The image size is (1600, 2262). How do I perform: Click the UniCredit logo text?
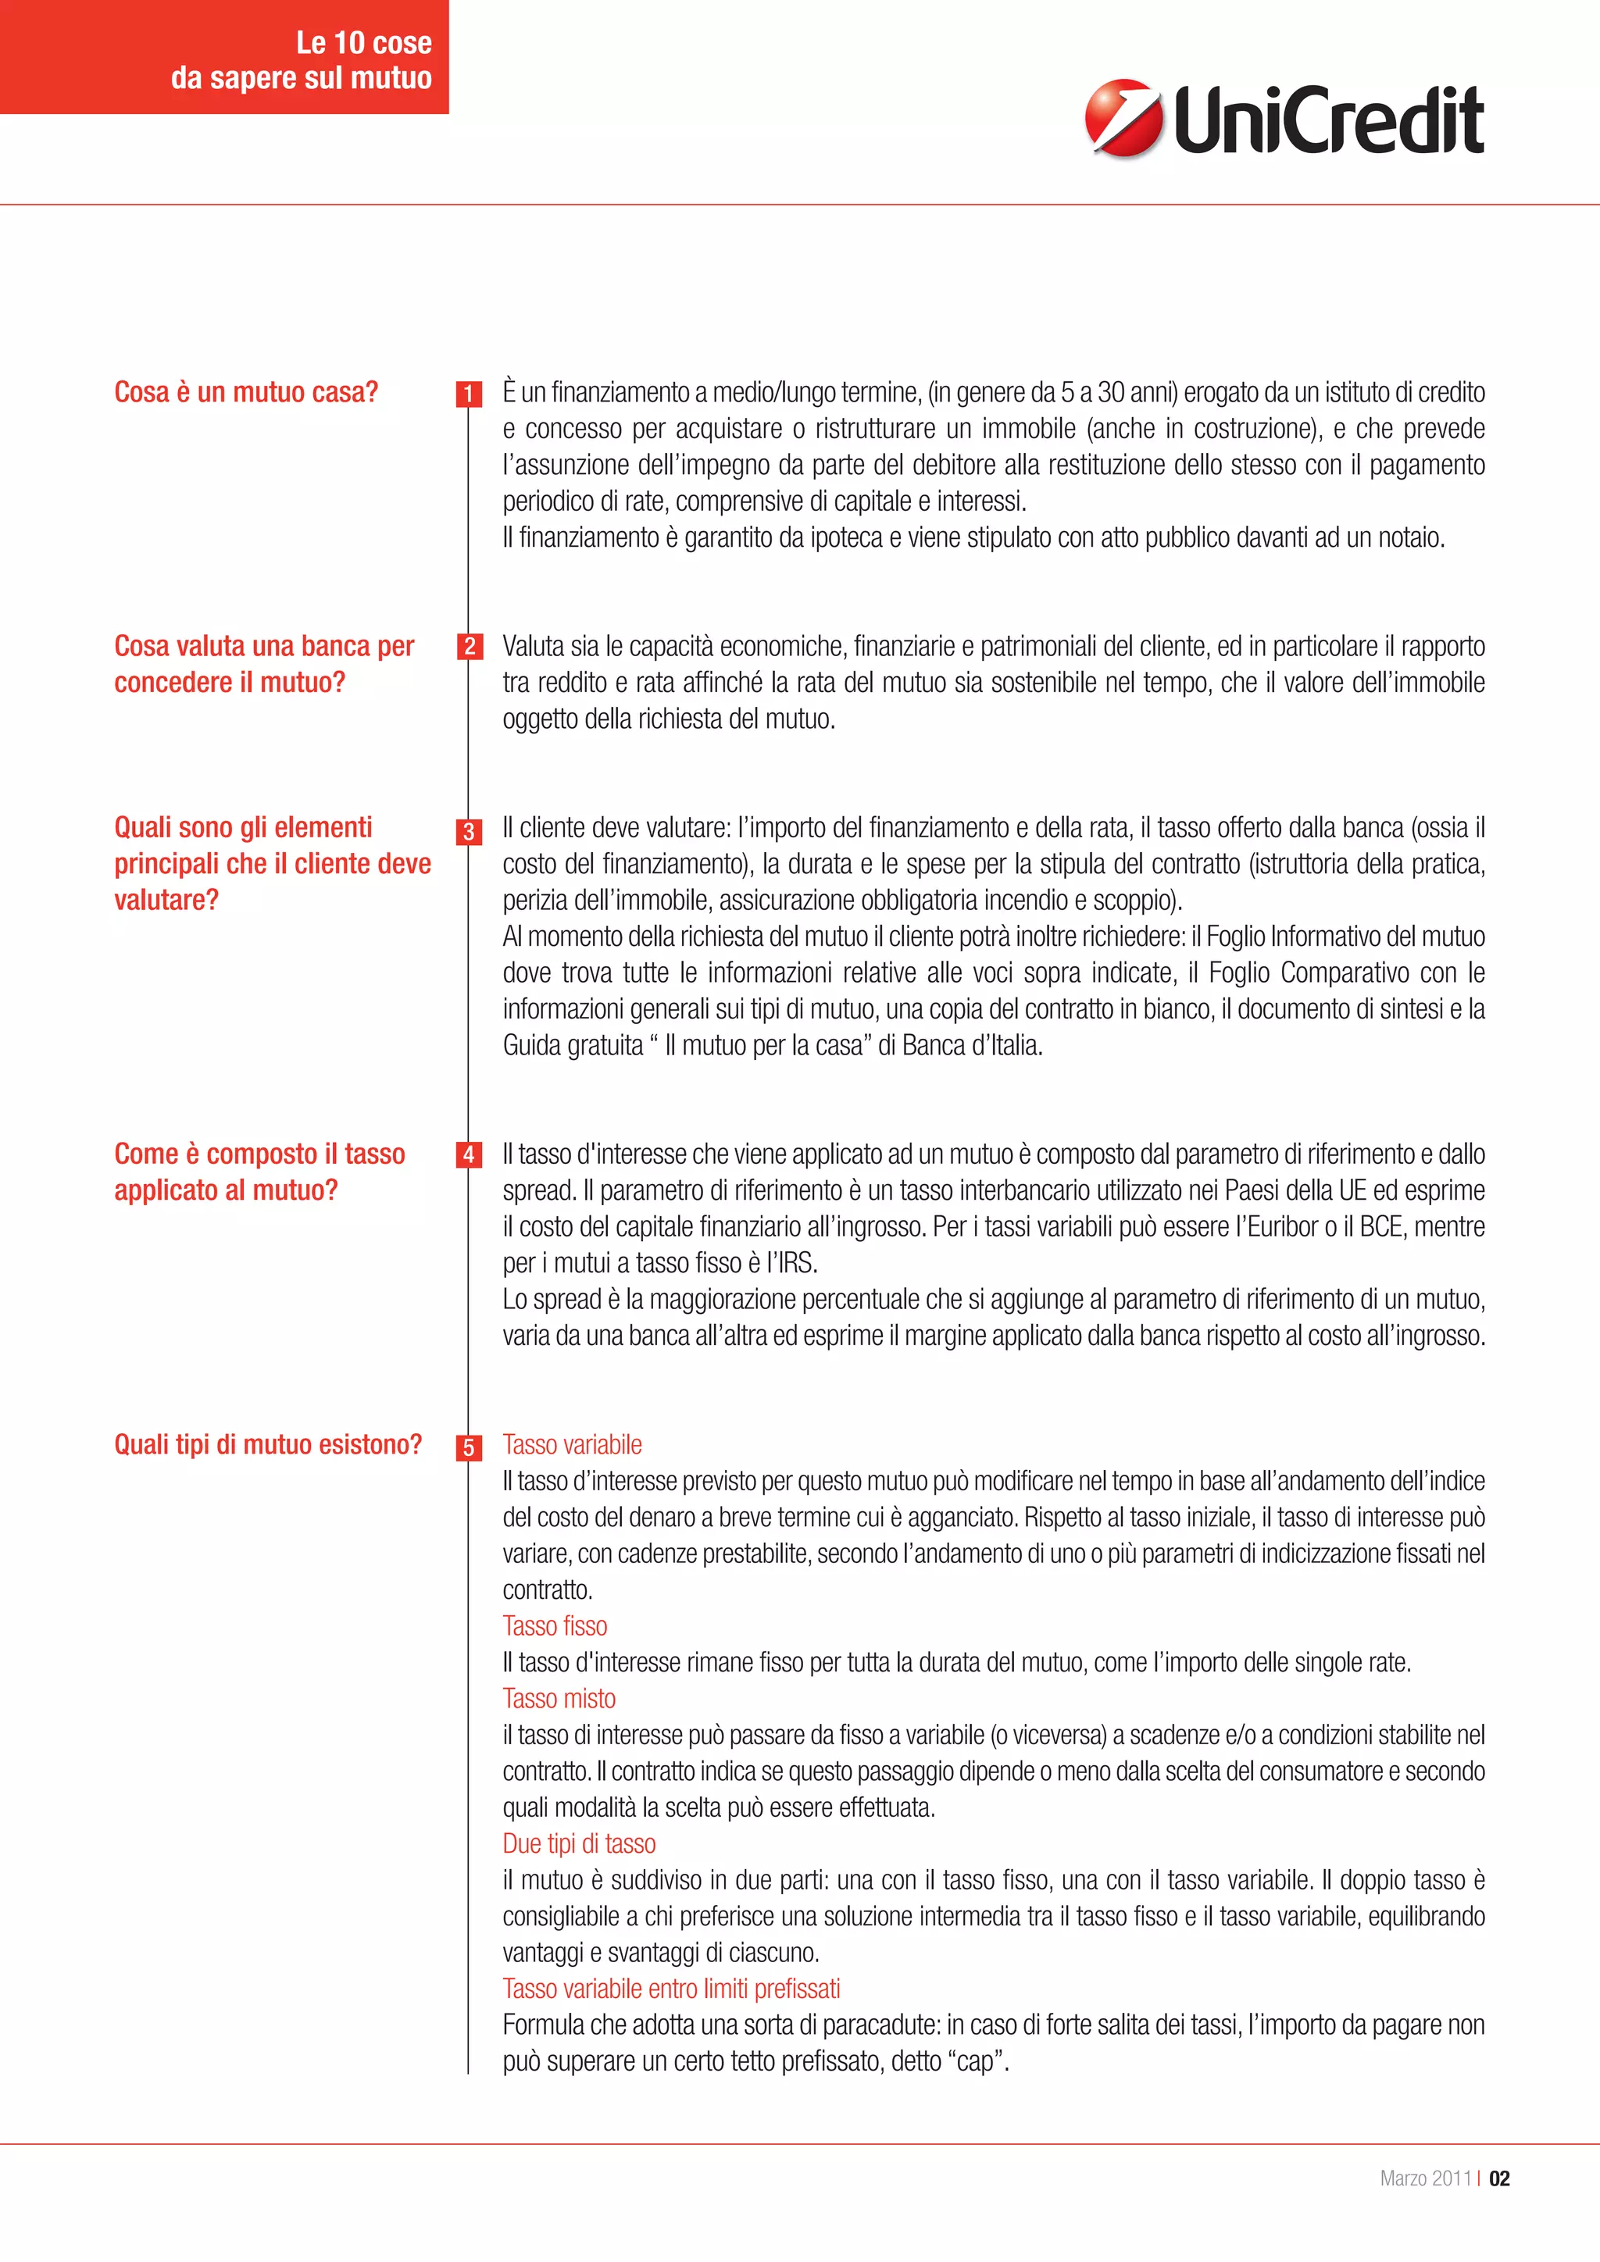pyautogui.click(x=1328, y=120)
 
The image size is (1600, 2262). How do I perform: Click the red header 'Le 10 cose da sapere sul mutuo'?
pyautogui.click(x=302, y=59)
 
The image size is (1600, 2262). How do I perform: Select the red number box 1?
pyautogui.click(x=469, y=394)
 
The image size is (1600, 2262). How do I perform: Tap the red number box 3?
pyautogui.click(x=469, y=832)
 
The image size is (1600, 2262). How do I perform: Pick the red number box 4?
pyautogui.click(x=469, y=1154)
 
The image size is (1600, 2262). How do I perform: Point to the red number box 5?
pyautogui.click(x=469, y=1447)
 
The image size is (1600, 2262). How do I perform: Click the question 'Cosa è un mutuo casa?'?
pyautogui.click(x=246, y=392)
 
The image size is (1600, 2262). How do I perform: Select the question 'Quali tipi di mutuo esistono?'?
pyautogui.click(x=268, y=1444)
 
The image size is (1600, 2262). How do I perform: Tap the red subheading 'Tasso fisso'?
pyautogui.click(x=555, y=1625)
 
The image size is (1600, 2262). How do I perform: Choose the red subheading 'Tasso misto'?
pyautogui.click(x=559, y=1699)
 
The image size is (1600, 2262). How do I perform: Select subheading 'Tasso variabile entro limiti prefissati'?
pyautogui.click(x=671, y=1988)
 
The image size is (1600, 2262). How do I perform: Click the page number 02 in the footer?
pyautogui.click(x=1498, y=2178)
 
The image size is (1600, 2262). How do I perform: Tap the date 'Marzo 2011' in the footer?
pyautogui.click(x=1425, y=2178)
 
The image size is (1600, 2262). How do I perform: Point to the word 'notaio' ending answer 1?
pyautogui.click(x=1411, y=538)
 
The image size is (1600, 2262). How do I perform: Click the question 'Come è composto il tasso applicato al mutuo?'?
pyautogui.click(x=260, y=1172)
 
